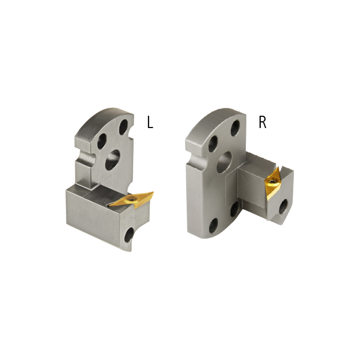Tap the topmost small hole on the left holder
point(124,125)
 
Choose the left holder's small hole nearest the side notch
point(102,139)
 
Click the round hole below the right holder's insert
point(283,206)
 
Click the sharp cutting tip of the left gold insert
point(153,192)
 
